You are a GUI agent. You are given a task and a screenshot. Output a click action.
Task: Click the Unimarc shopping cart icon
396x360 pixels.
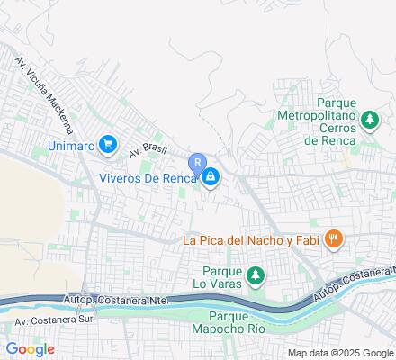click(108, 143)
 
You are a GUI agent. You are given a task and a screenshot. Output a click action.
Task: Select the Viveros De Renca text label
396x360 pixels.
click(147, 177)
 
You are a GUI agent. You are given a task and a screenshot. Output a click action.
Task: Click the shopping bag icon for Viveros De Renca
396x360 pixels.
click(210, 177)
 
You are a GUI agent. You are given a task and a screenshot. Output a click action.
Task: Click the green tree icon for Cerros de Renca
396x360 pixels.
click(368, 119)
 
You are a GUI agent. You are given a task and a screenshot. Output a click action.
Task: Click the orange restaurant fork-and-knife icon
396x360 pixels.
click(333, 238)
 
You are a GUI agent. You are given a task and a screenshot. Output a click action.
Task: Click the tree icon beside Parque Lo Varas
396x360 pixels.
click(256, 274)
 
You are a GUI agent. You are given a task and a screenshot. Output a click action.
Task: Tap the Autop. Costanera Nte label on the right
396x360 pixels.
click(354, 282)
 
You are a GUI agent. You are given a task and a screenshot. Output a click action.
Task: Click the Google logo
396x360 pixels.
click(30, 349)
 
